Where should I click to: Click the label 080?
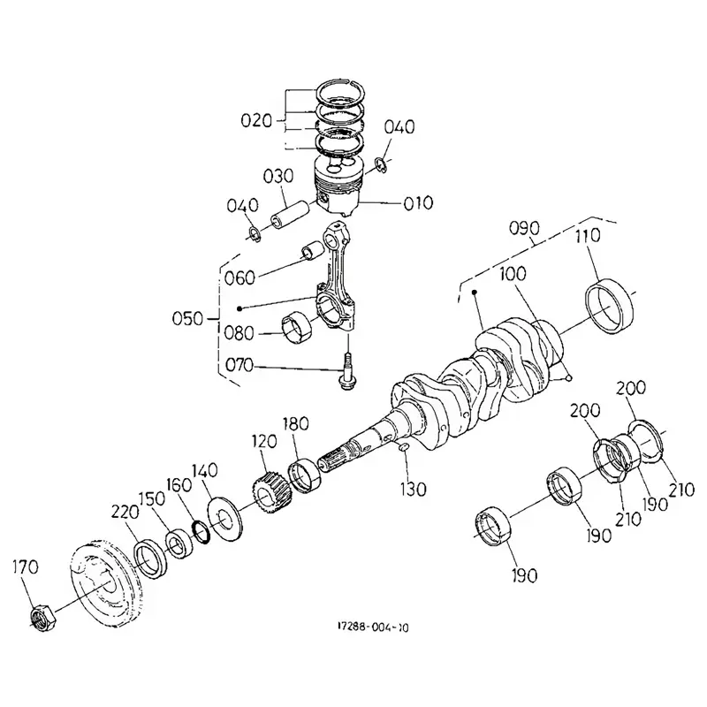(239, 334)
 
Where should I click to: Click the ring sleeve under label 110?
(608, 305)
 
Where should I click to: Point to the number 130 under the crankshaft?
(413, 488)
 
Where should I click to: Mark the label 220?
(125, 511)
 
